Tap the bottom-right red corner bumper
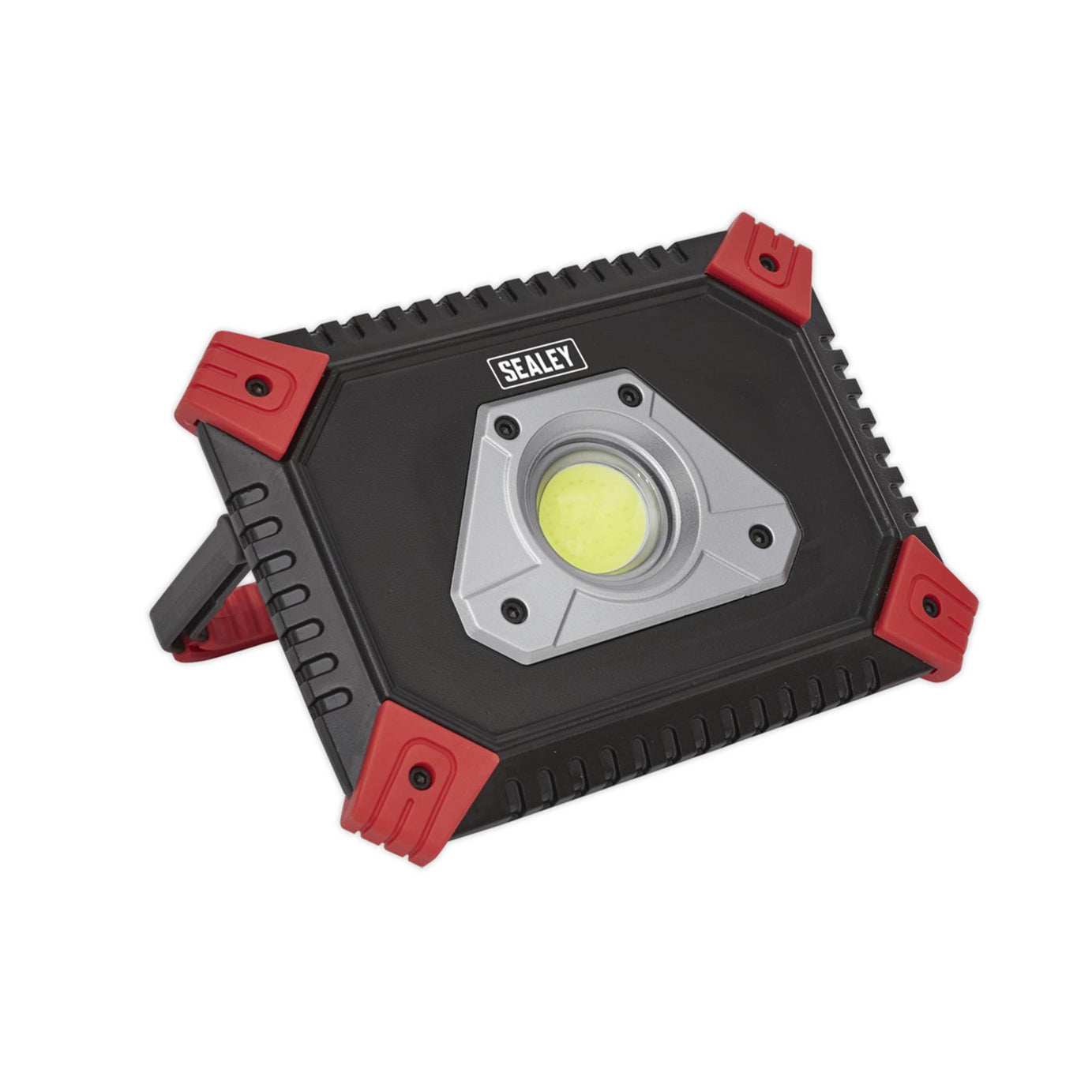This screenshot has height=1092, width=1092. tap(927, 606)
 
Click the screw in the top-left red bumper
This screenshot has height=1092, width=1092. tap(255, 385)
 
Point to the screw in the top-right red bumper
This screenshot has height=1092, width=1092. tap(764, 261)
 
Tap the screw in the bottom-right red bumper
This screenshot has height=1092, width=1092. tap(930, 606)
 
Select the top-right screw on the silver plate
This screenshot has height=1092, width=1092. tap(628, 395)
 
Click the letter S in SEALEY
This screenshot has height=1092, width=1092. tap(502, 373)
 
